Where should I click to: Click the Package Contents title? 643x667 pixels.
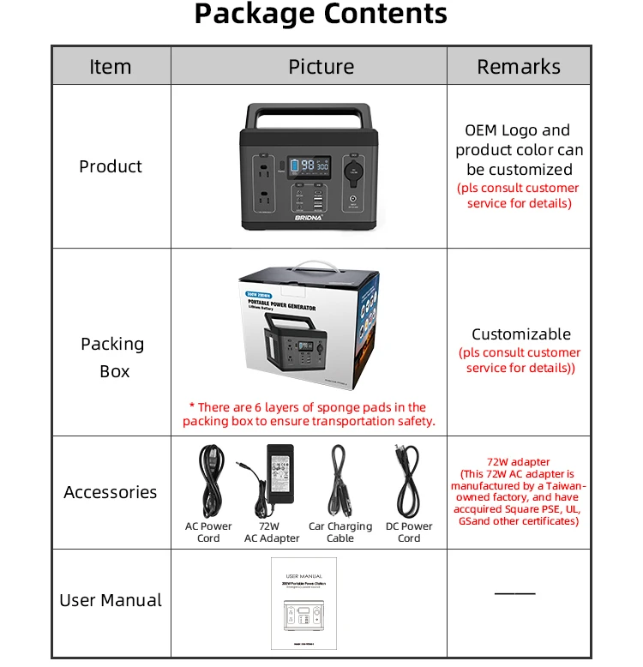click(321, 15)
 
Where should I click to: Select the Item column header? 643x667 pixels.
click(111, 67)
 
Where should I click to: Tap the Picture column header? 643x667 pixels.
click(321, 67)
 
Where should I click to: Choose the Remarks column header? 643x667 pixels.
click(519, 67)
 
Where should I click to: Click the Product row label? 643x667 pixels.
click(111, 166)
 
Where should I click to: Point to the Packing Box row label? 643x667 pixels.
click(112, 358)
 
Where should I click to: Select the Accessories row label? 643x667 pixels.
click(111, 492)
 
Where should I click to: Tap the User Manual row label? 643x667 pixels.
click(111, 600)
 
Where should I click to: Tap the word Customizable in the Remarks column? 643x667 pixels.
click(520, 334)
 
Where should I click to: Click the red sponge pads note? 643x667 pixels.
click(309, 414)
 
